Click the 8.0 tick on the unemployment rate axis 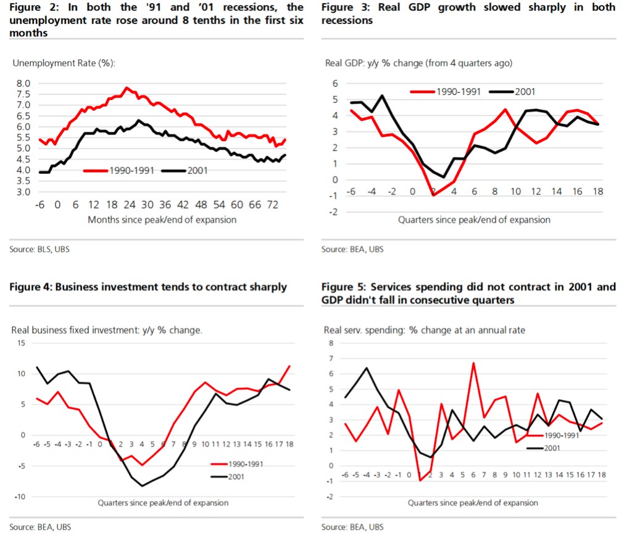[x=23, y=83]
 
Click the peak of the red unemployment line [x=127, y=88]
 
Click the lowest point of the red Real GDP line [x=433, y=196]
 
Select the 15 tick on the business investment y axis [x=22, y=343]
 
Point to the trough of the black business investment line [x=143, y=486]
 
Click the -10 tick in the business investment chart [x=20, y=497]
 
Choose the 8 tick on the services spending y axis [x=330, y=343]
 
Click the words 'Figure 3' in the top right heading [x=341, y=7]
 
